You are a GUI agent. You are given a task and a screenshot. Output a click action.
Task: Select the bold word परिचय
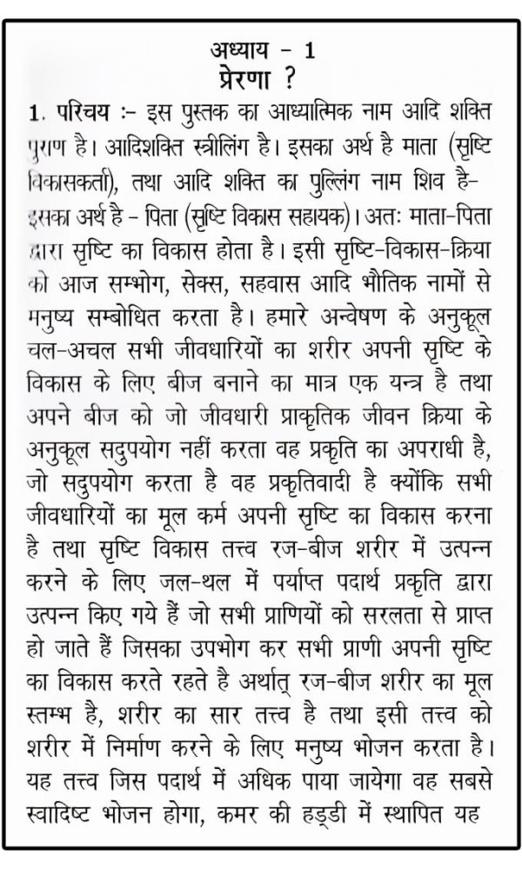pyautogui.click(x=82, y=114)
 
